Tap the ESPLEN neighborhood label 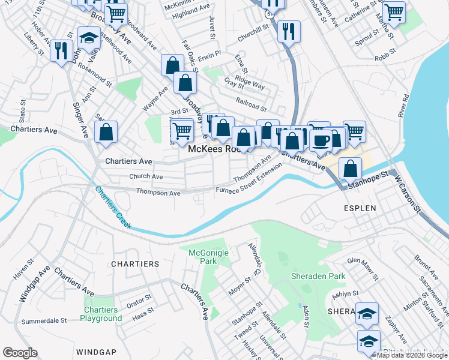[360, 208]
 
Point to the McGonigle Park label [208, 257]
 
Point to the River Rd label [403, 106]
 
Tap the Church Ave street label [146, 177]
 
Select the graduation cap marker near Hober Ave [89, 37]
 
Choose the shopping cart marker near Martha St [394, 11]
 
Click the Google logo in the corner [20, 353]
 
